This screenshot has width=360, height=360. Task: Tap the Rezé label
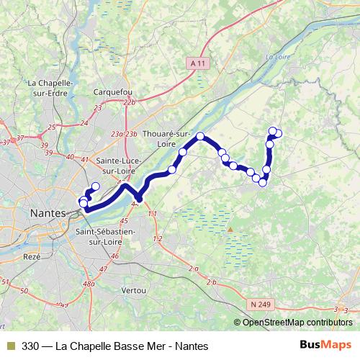click(x=32, y=256)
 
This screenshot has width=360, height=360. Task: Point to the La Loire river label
click(x=276, y=57)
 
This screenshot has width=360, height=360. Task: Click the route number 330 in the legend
click(x=31, y=346)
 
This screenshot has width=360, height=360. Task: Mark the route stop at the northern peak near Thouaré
click(x=201, y=137)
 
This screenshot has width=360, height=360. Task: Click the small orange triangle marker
click(x=230, y=230)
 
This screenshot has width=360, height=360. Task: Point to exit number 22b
click(x=129, y=103)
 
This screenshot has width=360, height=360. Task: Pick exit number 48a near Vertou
click(x=89, y=284)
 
